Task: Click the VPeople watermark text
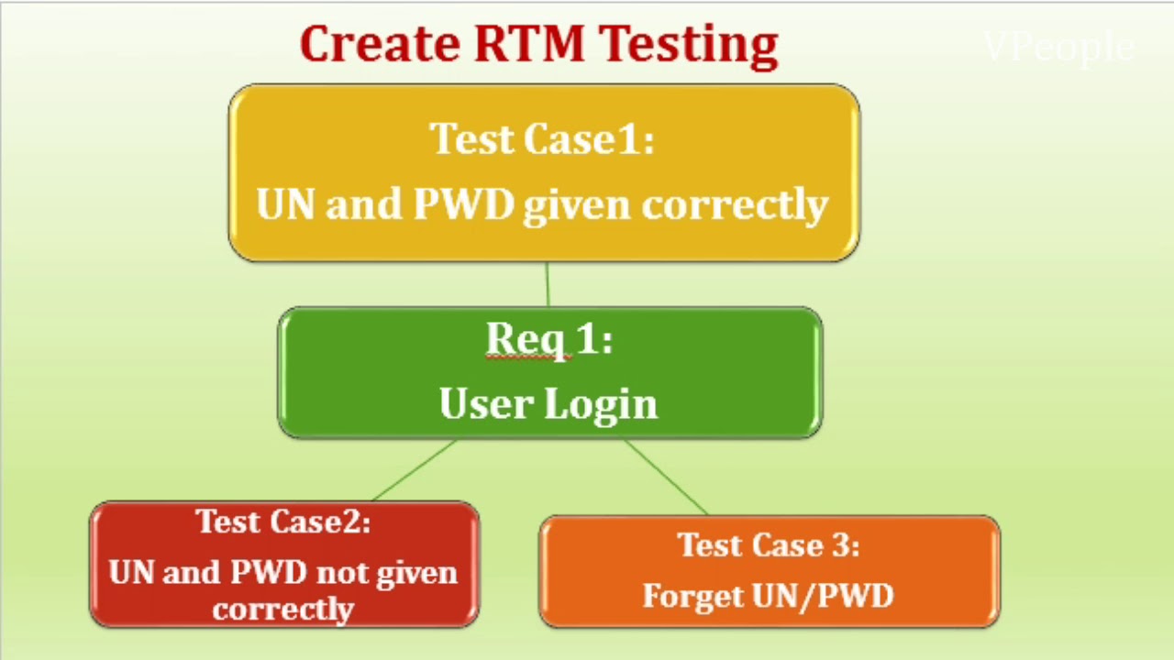pos(1058,47)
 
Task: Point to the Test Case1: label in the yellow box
pos(542,139)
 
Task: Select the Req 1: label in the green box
pos(548,339)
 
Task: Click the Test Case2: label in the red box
pos(283,522)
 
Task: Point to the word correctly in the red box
pos(282,610)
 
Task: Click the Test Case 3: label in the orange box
pos(769,545)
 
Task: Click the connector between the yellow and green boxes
pos(548,284)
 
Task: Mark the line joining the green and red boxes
pos(415,470)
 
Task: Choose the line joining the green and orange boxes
pos(665,477)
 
